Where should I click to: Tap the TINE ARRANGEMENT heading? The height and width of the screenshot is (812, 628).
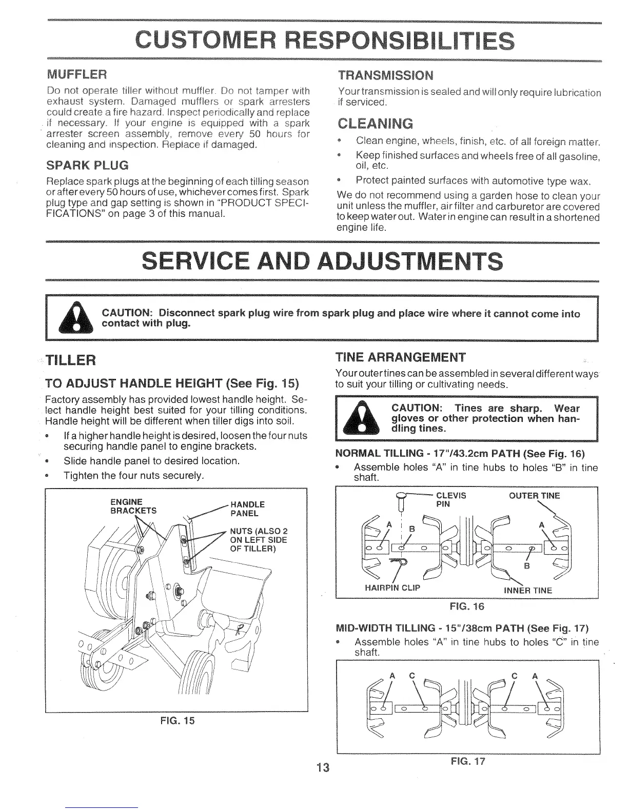[400, 357]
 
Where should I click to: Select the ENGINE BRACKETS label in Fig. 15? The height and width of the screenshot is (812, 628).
[126, 505]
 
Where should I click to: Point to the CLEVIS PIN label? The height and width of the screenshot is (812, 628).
[450, 499]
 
